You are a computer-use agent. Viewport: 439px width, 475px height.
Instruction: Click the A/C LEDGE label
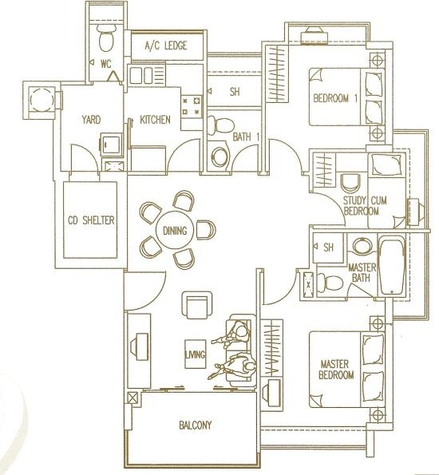[x=166, y=46]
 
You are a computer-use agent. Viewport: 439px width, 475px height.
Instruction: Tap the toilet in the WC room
[x=106, y=38]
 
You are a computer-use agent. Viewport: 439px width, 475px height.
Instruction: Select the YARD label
[x=91, y=120]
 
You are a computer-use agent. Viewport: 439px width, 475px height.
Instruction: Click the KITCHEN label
[x=155, y=120]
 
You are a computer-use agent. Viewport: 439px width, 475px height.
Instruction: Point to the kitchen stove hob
[x=192, y=105]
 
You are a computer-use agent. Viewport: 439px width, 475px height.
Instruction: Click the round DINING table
[x=175, y=231]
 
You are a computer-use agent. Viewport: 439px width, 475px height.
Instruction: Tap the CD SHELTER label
[x=91, y=220]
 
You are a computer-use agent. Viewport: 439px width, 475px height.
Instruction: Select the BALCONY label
[x=195, y=425]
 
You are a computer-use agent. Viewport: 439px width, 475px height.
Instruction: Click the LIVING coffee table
[x=196, y=354]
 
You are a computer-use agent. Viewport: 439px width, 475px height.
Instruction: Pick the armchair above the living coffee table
[x=197, y=305]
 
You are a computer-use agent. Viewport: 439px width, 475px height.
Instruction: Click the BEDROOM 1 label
[x=335, y=98]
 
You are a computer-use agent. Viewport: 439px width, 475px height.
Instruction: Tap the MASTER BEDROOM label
[x=336, y=369]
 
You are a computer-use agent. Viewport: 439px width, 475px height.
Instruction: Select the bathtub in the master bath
[x=393, y=267]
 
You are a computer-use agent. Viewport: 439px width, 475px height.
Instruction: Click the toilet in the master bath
[x=330, y=283]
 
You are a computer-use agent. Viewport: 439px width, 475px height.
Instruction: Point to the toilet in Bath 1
[x=221, y=125]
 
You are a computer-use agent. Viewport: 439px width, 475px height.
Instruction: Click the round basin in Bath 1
[x=220, y=156]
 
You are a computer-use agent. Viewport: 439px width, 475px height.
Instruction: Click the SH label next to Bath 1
[x=235, y=92]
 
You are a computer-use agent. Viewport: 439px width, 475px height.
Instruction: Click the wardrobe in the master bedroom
[x=271, y=347]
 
